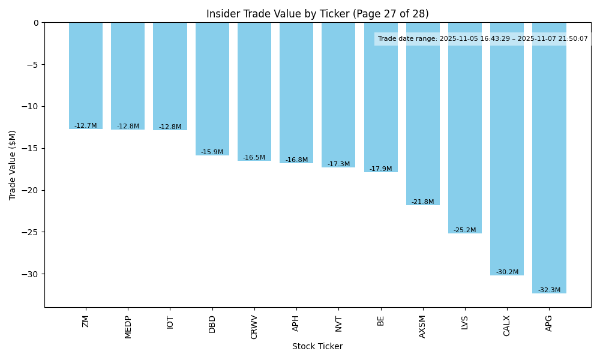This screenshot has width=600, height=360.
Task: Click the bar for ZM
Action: [86, 76]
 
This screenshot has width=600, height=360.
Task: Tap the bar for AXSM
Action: [423, 114]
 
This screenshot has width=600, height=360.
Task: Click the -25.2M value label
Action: [465, 230]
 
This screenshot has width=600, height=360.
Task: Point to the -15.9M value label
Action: [212, 152]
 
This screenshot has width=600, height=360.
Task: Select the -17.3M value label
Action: [338, 164]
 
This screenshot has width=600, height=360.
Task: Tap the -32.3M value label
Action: [549, 290]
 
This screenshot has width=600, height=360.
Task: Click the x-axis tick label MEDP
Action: [128, 326]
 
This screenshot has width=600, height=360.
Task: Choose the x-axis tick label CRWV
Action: [254, 327]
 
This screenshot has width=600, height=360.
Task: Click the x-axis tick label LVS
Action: [465, 322]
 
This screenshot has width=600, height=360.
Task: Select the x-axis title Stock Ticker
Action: [317, 347]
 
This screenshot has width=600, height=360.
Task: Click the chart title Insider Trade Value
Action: [317, 14]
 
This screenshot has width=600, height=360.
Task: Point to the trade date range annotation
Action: [483, 39]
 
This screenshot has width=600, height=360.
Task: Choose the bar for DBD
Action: [212, 89]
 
